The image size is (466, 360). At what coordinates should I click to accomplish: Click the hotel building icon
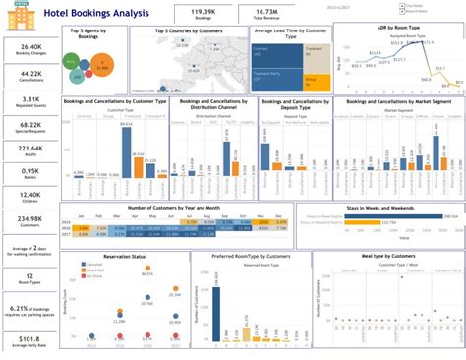point(13,13)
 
